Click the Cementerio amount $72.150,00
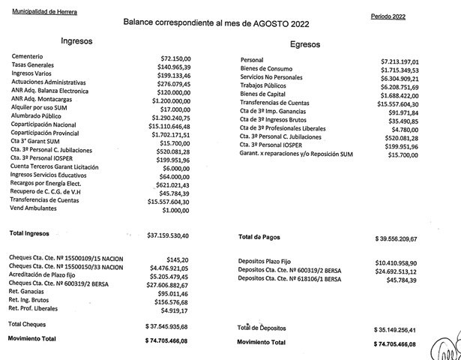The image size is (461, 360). tap(177, 58)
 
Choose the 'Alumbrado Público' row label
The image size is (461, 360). tap(37, 118)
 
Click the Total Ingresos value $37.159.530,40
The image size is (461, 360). tap(172, 235)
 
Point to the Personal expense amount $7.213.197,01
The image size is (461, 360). tap(415, 61)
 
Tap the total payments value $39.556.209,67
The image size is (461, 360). tap(406, 238)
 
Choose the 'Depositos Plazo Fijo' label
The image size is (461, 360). tap(270, 262)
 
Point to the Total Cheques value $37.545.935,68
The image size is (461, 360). tap(174, 327)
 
